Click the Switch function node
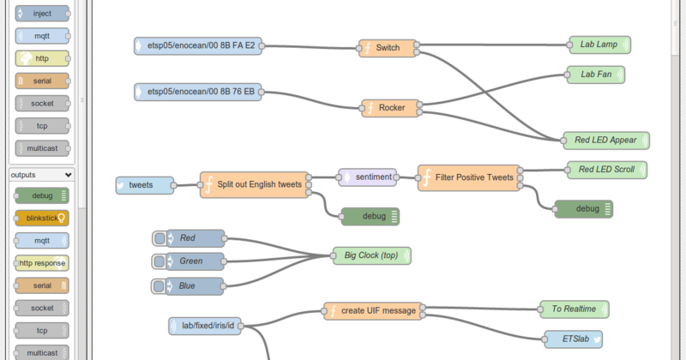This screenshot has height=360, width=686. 388,47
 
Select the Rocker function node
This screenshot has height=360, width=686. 391,108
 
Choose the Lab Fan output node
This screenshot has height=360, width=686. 596,75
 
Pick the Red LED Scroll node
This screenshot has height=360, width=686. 606,170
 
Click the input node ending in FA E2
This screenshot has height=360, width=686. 198,46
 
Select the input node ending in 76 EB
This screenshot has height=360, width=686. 198,91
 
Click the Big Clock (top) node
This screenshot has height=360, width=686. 372,255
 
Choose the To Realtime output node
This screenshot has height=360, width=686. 574,309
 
